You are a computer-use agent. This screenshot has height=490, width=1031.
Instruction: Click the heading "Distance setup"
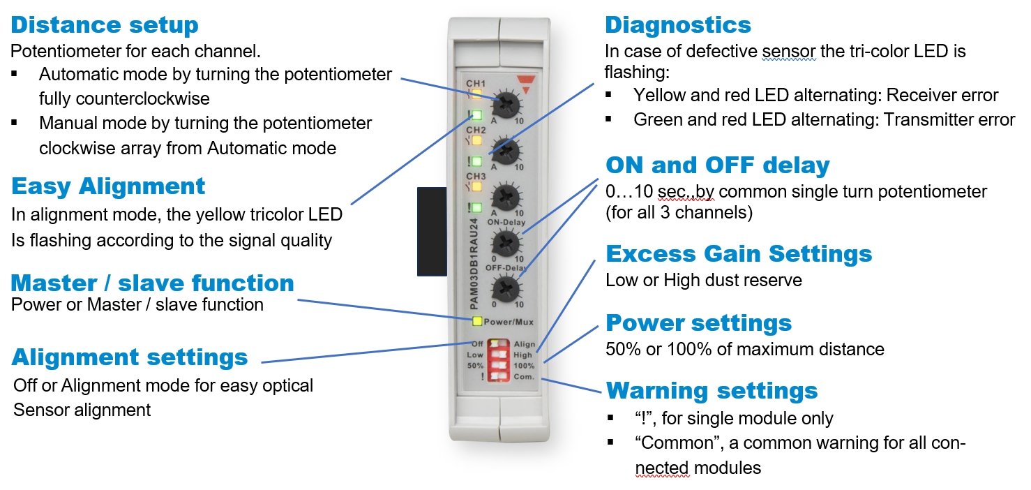click(105, 25)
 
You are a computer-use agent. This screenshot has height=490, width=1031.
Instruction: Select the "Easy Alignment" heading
click(108, 186)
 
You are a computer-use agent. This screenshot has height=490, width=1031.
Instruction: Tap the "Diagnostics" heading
click(678, 25)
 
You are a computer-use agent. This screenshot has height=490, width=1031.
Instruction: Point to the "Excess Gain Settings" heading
click(739, 253)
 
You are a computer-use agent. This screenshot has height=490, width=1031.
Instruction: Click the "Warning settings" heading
click(712, 389)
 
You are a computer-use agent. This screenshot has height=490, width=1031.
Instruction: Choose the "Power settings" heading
click(699, 322)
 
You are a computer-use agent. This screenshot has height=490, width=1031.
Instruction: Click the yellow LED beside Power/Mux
click(477, 322)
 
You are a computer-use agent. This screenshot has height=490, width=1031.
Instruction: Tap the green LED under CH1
click(477, 116)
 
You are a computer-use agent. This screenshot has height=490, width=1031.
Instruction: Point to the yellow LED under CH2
click(477, 140)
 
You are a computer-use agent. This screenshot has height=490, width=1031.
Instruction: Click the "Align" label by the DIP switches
click(524, 344)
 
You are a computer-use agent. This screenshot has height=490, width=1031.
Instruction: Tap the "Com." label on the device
click(524, 377)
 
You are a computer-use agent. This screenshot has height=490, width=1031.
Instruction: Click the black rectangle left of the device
click(431, 230)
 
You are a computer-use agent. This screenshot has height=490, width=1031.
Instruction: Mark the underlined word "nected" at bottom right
click(663, 467)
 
